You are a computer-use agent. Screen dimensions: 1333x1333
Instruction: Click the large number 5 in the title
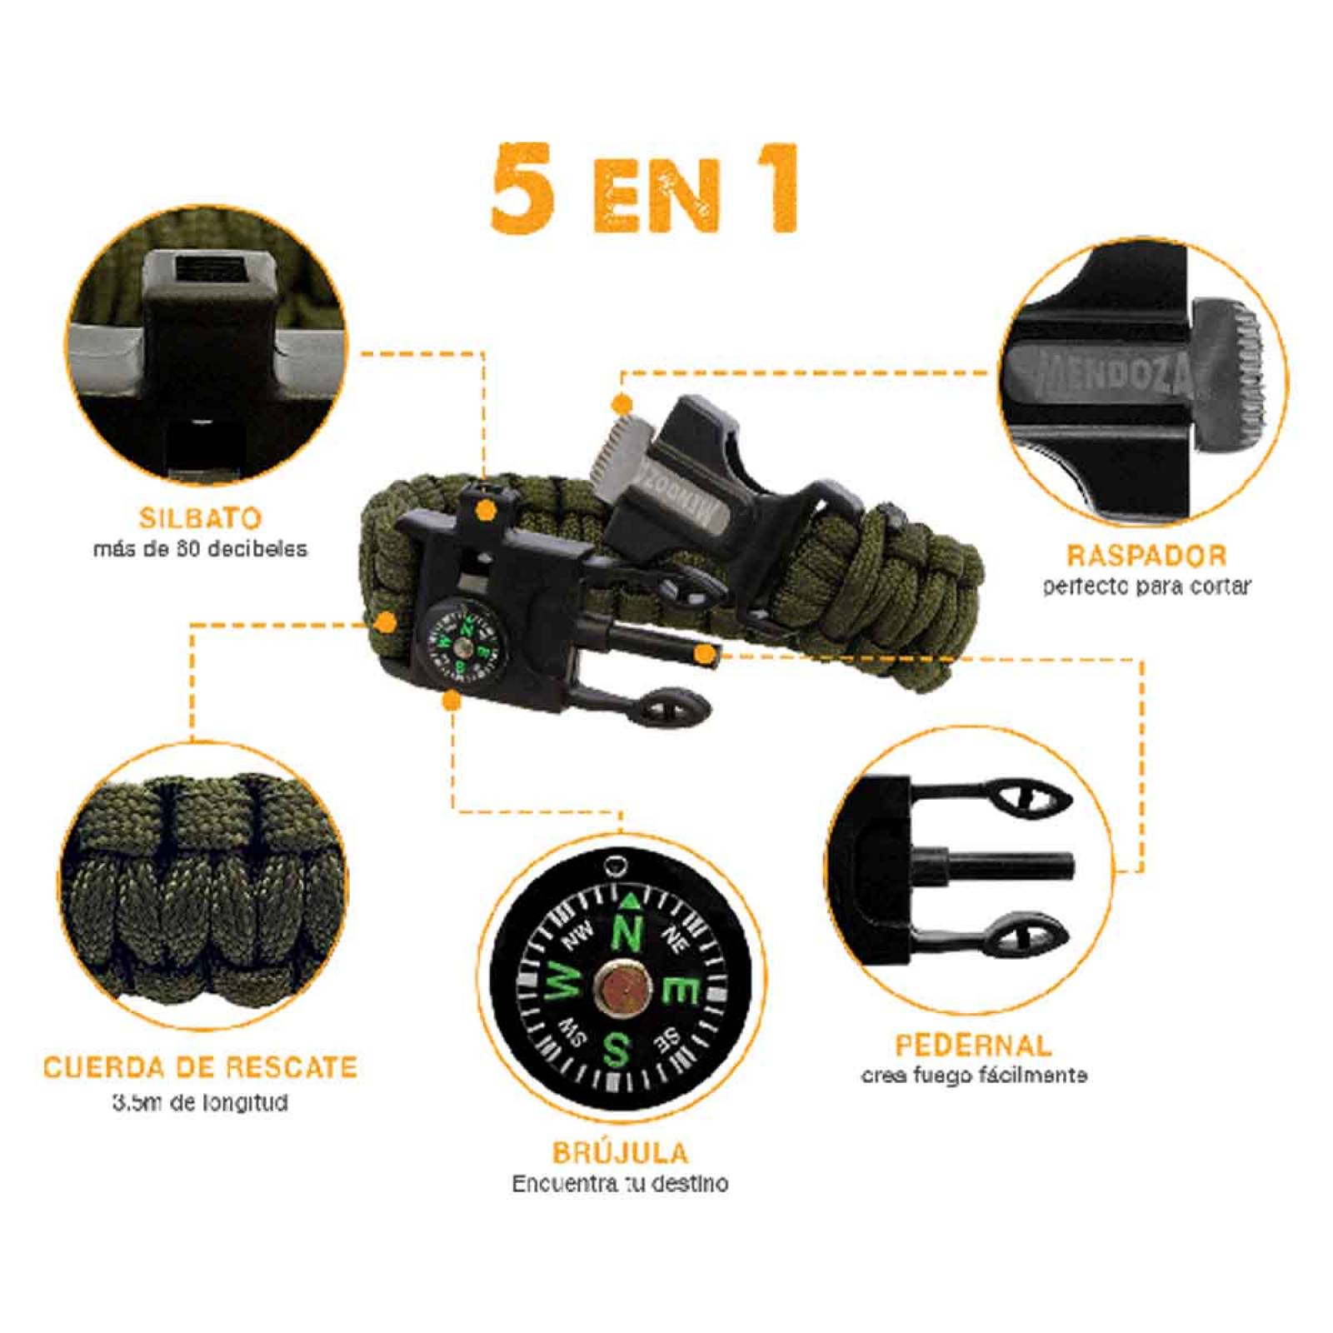522,189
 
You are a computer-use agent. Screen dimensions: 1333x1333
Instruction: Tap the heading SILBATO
200,518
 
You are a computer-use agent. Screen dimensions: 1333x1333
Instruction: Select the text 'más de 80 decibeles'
200,549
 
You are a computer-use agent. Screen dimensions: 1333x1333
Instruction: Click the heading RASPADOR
1146,556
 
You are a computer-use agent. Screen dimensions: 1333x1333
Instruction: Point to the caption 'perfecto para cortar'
1146,587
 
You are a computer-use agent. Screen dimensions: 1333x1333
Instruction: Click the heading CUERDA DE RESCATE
200,1067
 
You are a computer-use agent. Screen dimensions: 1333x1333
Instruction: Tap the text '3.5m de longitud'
200,1103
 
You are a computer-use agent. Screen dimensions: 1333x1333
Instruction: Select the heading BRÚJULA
621,1153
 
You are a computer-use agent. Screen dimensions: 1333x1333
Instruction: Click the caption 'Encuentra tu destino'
621,1184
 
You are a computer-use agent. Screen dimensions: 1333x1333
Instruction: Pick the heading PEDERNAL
973,1045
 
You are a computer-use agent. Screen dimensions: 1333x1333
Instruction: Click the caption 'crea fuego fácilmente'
973,1076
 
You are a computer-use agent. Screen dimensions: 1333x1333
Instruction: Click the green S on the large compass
617,1051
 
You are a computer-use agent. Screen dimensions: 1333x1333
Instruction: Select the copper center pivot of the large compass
623,989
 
